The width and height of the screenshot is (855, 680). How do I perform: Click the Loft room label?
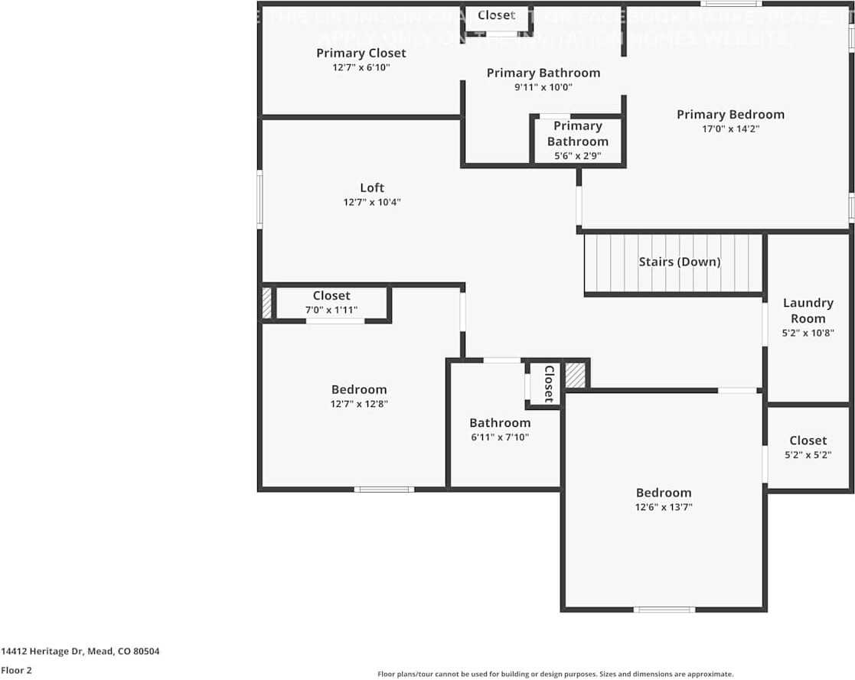[x=372, y=187]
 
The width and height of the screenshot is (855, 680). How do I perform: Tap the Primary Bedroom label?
[x=730, y=115]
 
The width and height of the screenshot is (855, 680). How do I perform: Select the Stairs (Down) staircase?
[x=674, y=262]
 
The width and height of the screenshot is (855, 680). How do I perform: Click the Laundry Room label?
[x=808, y=311]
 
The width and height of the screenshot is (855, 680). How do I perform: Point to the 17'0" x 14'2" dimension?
[x=730, y=129]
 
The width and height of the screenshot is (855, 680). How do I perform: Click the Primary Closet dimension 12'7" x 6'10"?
[x=361, y=67]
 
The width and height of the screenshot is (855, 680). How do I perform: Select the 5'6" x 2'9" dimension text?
[x=577, y=156]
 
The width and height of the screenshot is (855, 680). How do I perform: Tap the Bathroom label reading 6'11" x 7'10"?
[x=500, y=423]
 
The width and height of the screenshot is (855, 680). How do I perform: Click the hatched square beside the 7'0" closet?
[x=266, y=303]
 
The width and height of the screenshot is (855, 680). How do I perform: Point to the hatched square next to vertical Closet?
[x=575, y=375]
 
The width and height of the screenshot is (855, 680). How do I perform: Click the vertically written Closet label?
[x=548, y=383]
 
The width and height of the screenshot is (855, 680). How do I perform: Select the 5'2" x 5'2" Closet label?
[x=808, y=441]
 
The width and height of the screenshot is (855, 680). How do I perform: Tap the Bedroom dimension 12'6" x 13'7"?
[x=664, y=507]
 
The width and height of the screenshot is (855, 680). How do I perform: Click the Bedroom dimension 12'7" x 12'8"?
[x=359, y=404]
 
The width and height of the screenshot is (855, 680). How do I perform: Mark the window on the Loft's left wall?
[x=259, y=199]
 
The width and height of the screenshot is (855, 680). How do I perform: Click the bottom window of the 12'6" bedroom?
[x=664, y=610]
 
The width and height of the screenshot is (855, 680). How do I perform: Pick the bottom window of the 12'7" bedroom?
[x=384, y=489]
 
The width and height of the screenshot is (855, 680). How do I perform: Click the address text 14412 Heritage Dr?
[x=80, y=652]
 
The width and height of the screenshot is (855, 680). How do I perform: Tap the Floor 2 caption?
[x=16, y=671]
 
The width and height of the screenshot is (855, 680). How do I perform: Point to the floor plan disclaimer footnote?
[x=555, y=674]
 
